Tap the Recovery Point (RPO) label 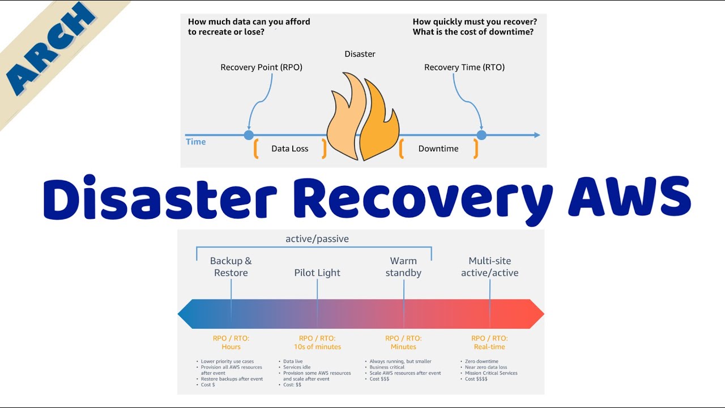point(261,67)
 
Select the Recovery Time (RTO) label point(464,67)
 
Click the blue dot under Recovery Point point(248,135)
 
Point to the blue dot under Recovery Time point(481,135)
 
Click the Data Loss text point(289,148)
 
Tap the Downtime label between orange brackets point(438,148)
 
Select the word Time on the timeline point(196,142)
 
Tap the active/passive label point(317,239)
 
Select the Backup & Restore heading point(231,267)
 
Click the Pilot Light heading point(317,273)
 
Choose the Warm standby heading point(403,267)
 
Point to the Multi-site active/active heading point(489,267)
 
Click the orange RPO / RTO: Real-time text point(489,342)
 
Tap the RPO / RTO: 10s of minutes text point(317,342)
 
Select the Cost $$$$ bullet point(476,379)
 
